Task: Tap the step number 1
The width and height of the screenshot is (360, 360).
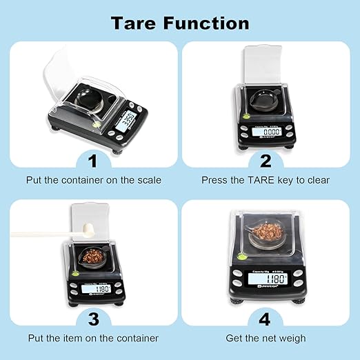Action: pyautogui.click(x=92, y=161)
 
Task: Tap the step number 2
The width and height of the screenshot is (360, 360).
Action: pyautogui.click(x=266, y=161)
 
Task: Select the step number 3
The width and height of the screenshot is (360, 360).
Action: pyautogui.click(x=92, y=319)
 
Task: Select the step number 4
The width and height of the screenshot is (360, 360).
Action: pyautogui.click(x=266, y=319)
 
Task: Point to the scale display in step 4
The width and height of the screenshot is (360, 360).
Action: pyautogui.click(x=266, y=279)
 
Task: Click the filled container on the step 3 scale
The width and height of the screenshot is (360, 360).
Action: pyautogui.click(x=90, y=257)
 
